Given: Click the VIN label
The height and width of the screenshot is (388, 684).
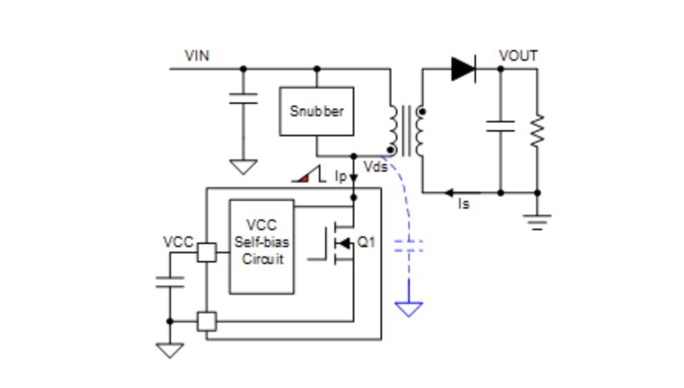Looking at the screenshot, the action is tap(196, 55).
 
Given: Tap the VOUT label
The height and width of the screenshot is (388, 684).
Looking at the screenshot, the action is tap(518, 55).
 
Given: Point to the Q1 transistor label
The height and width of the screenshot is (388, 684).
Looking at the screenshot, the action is tap(366, 242).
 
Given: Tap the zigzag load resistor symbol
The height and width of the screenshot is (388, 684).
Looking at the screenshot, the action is tap(538, 130).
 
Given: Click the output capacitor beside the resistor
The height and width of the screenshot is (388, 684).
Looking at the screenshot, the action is tap(501, 126).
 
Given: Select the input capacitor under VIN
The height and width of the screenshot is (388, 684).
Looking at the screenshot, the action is tap(243, 99).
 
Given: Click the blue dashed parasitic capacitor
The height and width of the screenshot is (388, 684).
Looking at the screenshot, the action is tap(409, 246).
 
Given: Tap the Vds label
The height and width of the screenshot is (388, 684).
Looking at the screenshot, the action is tap(376, 166).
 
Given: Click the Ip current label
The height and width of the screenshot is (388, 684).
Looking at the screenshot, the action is tap(340, 176).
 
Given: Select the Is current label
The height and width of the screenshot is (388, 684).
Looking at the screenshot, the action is tap(464, 203).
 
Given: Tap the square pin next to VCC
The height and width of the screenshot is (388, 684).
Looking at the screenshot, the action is tap(206, 253).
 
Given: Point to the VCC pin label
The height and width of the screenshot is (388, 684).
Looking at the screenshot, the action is tap(178, 242).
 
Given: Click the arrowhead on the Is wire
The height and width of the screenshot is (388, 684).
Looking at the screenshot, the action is tap(449, 192).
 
